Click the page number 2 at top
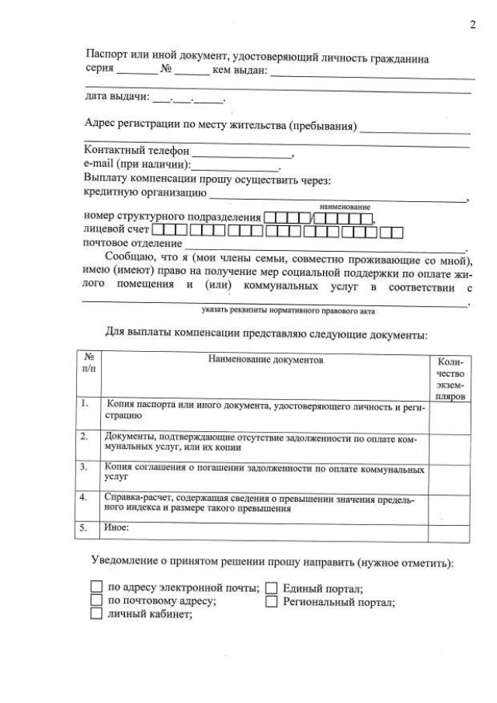click(472, 25)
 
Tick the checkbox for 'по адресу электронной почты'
click(96, 587)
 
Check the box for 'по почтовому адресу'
click(96, 600)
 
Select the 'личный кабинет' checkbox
click(96, 614)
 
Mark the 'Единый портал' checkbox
click(272, 588)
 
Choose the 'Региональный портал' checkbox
click(272, 601)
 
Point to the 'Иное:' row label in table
click(116, 527)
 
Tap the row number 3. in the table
click(85, 467)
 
